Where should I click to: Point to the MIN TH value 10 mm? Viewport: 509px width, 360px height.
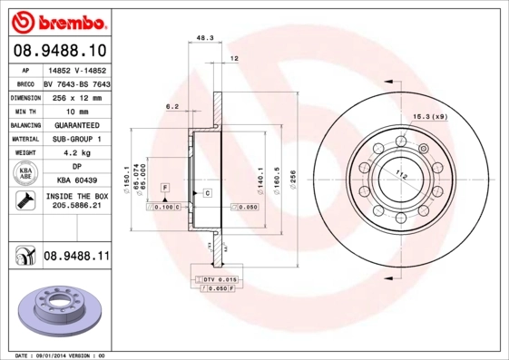tap(76, 110)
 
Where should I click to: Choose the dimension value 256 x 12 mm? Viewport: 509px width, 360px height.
tap(76, 95)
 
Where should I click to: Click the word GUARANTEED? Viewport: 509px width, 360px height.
tap(76, 124)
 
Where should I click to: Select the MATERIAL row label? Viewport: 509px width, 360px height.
tap(24, 139)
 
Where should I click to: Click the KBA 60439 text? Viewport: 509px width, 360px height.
tap(76, 180)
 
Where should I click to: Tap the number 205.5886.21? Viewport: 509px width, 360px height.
tap(76, 207)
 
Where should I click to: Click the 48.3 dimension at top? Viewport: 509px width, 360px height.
tap(204, 38)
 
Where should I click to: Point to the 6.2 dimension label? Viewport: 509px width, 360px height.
tap(171, 106)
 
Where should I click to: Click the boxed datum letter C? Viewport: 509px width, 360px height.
tap(207, 193)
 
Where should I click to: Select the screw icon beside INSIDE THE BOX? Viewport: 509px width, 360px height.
tap(23, 200)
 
